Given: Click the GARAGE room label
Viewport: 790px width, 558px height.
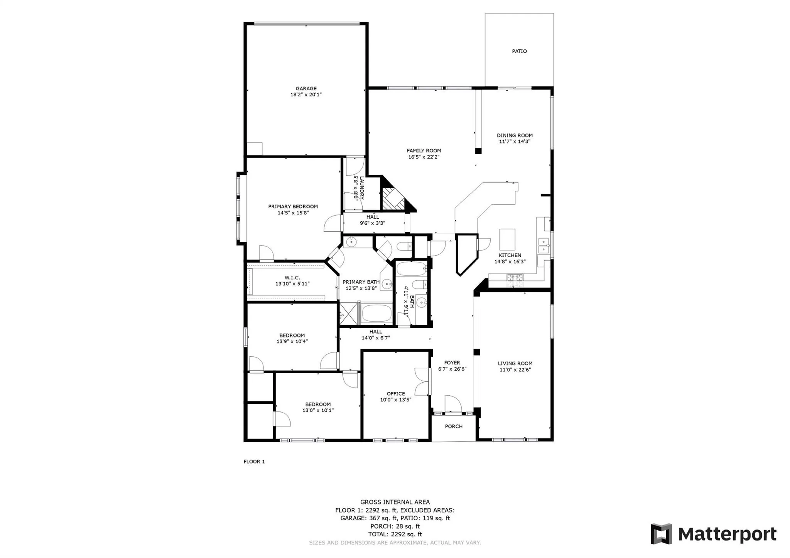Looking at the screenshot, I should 306,89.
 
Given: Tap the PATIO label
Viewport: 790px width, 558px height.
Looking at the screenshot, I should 519,51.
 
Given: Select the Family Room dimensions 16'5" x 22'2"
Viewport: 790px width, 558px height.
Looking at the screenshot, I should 424,157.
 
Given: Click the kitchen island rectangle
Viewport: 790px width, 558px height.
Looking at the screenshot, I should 507,239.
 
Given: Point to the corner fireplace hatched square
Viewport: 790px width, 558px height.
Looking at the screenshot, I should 393,199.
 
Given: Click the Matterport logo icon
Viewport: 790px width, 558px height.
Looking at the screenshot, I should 661,534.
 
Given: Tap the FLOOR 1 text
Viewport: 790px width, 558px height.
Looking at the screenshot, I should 254,462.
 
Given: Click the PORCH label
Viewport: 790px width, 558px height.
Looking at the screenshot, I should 454,427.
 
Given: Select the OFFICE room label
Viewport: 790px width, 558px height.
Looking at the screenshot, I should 396,394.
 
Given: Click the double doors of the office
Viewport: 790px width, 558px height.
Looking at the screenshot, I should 422,381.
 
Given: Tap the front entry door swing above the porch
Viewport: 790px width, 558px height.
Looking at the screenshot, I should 453,404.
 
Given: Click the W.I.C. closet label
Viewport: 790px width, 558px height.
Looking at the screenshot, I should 292,278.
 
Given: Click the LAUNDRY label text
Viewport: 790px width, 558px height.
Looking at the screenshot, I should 361,188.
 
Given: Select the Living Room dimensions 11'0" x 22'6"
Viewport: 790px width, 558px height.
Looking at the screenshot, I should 515,369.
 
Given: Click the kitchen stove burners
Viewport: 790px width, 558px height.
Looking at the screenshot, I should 515,277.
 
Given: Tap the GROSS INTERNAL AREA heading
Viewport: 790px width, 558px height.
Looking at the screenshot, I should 395,502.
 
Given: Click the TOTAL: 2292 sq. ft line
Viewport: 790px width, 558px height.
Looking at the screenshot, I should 395,534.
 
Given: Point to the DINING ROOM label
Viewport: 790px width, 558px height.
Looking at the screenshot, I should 515,135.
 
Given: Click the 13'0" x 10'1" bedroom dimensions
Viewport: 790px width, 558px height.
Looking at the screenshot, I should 318,410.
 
